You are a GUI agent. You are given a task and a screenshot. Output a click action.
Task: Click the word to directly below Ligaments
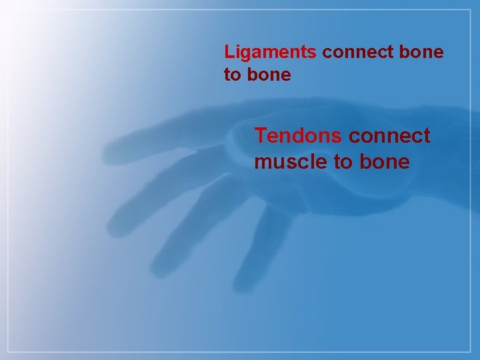click(232, 75)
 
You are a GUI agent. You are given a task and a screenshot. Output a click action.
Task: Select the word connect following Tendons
click(389, 136)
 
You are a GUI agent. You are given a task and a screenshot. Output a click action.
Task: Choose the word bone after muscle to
click(384, 161)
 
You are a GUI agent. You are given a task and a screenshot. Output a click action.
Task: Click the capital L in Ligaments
click(229, 52)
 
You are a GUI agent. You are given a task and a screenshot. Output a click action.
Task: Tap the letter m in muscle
click(263, 163)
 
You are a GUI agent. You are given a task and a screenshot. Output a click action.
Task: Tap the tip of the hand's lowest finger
click(239, 287)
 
